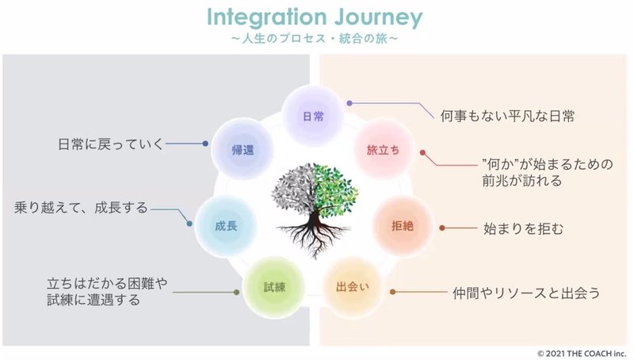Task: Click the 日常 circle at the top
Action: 313,116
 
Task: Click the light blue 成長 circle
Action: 225,226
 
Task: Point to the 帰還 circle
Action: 242,149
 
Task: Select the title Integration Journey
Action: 315,17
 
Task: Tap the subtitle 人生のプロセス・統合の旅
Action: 315,37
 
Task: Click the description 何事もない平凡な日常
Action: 507,116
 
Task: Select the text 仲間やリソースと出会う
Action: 525,293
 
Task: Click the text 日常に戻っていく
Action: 110,144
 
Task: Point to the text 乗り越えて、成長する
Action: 81,209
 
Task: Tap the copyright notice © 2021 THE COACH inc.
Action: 581,352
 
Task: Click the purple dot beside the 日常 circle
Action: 349,103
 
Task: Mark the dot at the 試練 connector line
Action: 236,293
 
